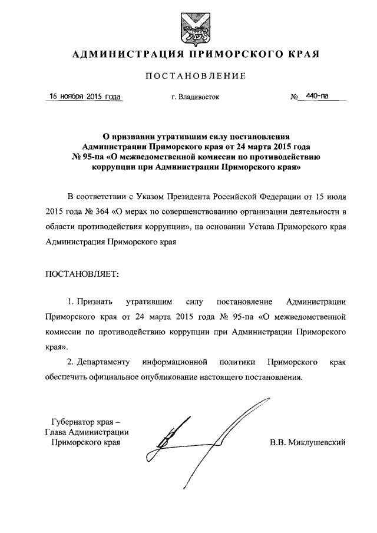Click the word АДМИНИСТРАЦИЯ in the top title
tap(120, 55)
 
